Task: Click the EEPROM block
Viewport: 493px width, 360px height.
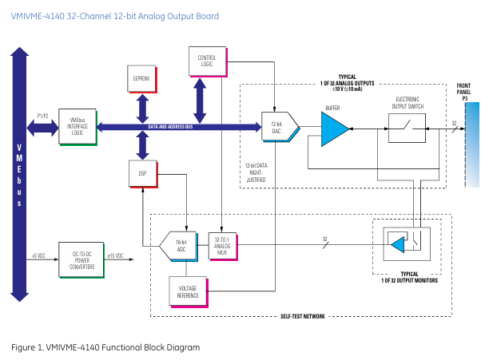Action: click(142, 78)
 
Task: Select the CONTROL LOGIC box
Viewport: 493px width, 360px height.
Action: click(206, 60)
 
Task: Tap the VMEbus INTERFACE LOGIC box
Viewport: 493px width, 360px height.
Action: click(78, 126)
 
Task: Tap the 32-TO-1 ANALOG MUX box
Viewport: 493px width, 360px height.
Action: click(221, 243)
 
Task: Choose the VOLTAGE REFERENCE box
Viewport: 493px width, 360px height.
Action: click(188, 292)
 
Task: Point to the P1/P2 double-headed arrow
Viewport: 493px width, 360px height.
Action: click(43, 126)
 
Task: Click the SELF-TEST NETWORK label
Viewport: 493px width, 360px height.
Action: click(302, 317)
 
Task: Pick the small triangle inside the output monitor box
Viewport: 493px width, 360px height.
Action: click(398, 245)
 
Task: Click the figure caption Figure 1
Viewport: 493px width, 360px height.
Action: click(105, 347)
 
